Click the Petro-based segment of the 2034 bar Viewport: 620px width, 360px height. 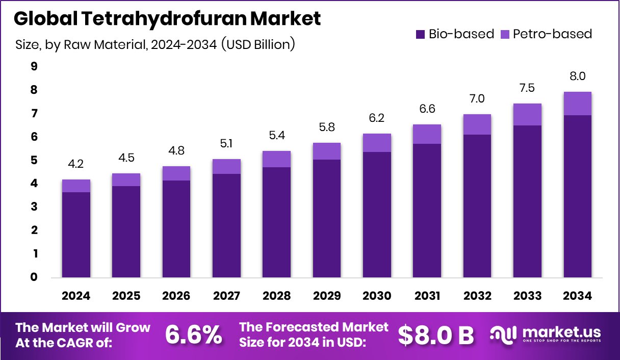click(x=577, y=104)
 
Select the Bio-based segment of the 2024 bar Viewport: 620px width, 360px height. click(x=76, y=235)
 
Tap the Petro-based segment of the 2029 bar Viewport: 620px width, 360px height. click(x=327, y=151)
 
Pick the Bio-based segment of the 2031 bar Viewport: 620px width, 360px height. click(x=427, y=210)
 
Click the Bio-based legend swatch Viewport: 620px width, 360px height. click(x=421, y=35)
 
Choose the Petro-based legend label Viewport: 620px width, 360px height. click(x=552, y=34)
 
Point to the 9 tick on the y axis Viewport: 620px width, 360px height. click(x=34, y=66)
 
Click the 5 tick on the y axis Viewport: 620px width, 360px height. click(x=34, y=160)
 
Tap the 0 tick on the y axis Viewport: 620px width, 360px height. click(x=34, y=277)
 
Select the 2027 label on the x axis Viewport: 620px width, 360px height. click(x=227, y=296)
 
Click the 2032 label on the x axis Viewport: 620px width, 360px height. click(x=478, y=296)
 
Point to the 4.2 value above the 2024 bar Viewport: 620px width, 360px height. click(x=76, y=165)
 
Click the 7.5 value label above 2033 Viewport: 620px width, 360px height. click(x=527, y=88)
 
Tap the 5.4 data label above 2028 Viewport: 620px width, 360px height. click(x=277, y=137)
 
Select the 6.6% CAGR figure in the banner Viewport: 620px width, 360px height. click(x=194, y=335)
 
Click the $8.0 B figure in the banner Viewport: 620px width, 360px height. click(x=435, y=335)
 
